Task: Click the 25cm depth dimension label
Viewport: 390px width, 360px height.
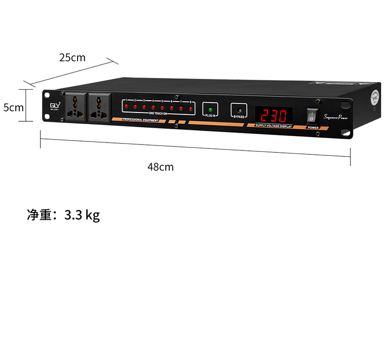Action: click(x=73, y=58)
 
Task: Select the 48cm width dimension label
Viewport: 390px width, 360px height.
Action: click(x=160, y=167)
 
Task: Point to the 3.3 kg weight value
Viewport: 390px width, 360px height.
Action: click(x=82, y=215)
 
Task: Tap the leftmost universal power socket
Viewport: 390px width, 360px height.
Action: click(x=76, y=106)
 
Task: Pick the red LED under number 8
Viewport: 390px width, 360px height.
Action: click(x=190, y=108)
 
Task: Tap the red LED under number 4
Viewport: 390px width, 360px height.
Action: click(x=154, y=107)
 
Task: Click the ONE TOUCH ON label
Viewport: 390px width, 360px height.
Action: click(x=157, y=113)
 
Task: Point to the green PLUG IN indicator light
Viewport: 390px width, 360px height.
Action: click(x=210, y=109)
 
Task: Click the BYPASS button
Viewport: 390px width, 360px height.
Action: click(x=239, y=110)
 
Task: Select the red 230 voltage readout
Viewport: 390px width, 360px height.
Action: click(x=273, y=116)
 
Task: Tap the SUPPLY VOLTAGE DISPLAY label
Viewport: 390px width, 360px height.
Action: click(x=274, y=126)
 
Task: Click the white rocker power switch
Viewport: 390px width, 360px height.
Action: click(x=312, y=117)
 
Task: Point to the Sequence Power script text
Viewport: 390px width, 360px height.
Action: click(x=336, y=117)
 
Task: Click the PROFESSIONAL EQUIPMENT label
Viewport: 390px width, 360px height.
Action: click(x=140, y=120)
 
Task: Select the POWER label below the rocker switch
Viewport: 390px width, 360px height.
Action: click(x=313, y=128)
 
